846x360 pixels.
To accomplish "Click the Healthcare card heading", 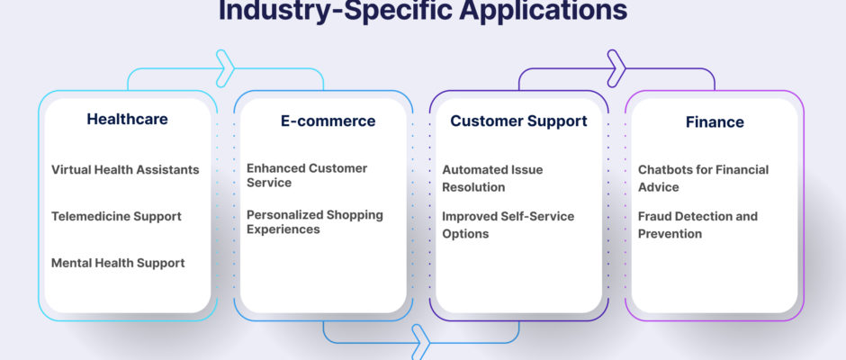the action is click(127, 119).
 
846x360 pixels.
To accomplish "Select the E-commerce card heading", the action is click(328, 121).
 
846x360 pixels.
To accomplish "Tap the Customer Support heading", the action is click(519, 121).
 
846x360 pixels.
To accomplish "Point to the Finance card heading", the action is click(715, 122).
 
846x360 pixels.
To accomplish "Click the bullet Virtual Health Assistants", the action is click(125, 169).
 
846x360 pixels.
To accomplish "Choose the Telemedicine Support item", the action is click(116, 216).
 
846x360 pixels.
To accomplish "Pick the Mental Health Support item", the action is click(118, 263).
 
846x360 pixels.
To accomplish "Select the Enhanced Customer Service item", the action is click(307, 175).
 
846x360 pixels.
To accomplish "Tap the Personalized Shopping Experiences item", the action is click(315, 221).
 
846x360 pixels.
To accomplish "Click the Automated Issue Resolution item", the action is click(492, 178).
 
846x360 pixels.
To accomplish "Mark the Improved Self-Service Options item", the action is click(508, 225).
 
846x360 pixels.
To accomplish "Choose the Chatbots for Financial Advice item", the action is click(704, 178).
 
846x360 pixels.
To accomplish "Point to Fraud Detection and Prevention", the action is click(698, 225).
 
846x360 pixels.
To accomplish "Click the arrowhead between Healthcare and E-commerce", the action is click(225, 68).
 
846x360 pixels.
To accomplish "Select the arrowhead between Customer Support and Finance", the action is click(616, 68).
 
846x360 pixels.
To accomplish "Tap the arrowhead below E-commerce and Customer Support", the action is click(421, 342).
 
